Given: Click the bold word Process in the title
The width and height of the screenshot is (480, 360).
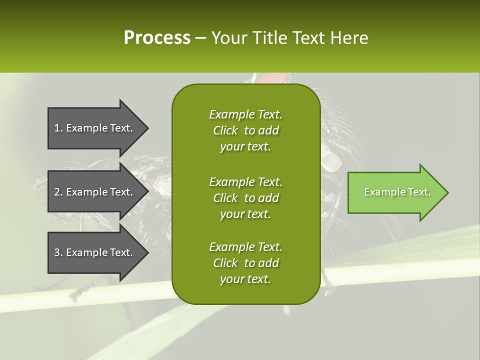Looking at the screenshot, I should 157,38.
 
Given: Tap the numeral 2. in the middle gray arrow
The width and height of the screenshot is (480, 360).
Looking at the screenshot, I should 58,192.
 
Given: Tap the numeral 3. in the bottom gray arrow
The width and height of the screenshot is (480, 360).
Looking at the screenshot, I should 58,252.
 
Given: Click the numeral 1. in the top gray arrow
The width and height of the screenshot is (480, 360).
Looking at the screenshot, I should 58,128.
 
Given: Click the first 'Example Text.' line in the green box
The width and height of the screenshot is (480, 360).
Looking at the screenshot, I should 245,114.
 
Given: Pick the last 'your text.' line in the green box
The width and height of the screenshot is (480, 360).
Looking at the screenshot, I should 245,279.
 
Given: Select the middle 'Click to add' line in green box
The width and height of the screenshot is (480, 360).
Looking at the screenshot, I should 245,198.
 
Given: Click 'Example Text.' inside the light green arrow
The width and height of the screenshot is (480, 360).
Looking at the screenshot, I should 397,192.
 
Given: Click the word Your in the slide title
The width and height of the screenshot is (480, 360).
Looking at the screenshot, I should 230,38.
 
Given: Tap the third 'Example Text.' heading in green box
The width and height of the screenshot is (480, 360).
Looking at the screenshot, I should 245,247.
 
